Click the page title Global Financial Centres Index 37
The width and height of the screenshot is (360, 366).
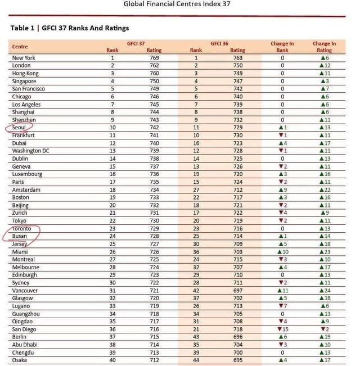click(177, 4)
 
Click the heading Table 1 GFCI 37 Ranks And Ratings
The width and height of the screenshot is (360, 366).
click(70, 28)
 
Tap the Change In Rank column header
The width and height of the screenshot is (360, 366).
click(282, 47)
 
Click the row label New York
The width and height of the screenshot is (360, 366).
click(24, 58)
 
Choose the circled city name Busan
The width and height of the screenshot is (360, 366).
click(20, 237)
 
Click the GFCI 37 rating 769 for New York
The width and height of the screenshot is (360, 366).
click(154, 58)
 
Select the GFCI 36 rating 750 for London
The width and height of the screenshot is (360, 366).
click(238, 66)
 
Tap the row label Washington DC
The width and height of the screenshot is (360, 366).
click(31, 151)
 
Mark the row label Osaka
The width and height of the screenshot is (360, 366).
click(20, 360)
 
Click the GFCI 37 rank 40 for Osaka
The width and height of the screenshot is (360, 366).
click(112, 360)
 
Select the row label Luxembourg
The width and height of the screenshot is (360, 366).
click(27, 174)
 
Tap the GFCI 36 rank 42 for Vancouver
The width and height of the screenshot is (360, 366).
click(196, 291)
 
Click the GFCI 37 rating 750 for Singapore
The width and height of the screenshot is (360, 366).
click(154, 81)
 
